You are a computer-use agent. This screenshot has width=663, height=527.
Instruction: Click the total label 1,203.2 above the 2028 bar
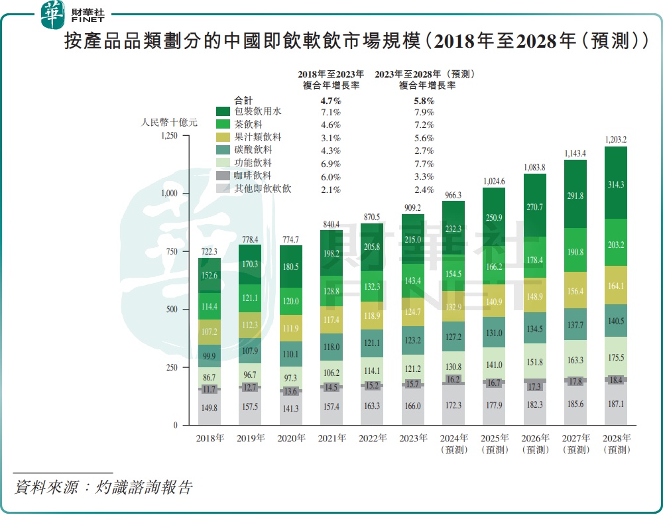(x=617, y=139)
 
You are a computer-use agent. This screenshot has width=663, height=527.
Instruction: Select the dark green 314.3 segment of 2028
(x=617, y=185)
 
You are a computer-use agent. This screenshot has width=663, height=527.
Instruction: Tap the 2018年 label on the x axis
(x=210, y=438)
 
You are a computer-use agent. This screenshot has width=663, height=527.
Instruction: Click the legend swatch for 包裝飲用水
(x=223, y=112)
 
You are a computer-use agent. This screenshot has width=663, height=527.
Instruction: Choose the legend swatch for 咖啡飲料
(x=223, y=176)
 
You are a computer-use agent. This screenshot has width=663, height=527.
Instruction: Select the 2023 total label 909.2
(x=413, y=207)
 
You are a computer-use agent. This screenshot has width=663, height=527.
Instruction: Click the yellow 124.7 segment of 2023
(x=413, y=312)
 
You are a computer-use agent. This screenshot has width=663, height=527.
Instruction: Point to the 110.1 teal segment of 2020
(x=291, y=355)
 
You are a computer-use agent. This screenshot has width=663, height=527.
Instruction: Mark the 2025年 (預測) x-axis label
(x=495, y=443)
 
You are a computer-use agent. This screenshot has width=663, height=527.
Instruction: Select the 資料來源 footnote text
(x=103, y=488)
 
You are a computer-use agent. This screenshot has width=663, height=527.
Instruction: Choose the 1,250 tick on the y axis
(x=170, y=136)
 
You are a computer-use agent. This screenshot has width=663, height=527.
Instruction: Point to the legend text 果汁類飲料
(x=259, y=137)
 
